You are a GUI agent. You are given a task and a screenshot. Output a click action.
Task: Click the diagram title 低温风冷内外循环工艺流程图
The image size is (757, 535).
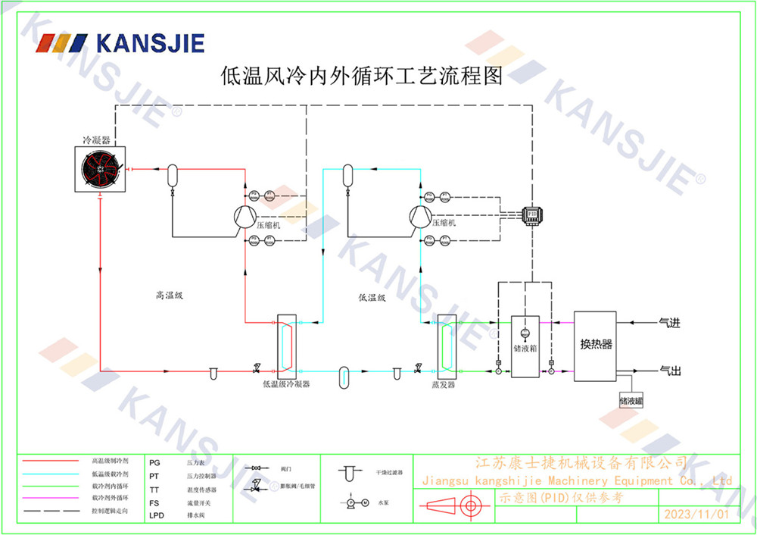pyautogui.click(x=361, y=76)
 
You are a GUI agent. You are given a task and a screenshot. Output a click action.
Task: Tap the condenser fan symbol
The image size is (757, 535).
pyautogui.click(x=101, y=167)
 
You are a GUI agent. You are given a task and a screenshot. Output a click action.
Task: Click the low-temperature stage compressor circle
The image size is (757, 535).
pyautogui.click(x=419, y=217)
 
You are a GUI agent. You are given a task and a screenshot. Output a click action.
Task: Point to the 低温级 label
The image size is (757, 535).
pyautogui.click(x=372, y=298)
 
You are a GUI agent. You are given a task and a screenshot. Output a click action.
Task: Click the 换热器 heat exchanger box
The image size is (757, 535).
pyautogui.click(x=595, y=346)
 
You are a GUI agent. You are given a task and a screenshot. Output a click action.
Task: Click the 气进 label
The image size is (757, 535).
pyautogui.click(x=670, y=324)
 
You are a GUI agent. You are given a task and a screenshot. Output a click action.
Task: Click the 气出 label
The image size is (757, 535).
pyautogui.click(x=670, y=371)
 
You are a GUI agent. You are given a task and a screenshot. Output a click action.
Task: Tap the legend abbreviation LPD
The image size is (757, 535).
pyautogui.click(x=156, y=515)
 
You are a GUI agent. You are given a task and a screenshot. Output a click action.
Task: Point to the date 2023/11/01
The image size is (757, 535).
pyautogui.click(x=696, y=514)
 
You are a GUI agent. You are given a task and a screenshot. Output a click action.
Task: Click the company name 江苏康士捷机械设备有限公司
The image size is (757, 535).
pyautogui.click(x=581, y=462)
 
